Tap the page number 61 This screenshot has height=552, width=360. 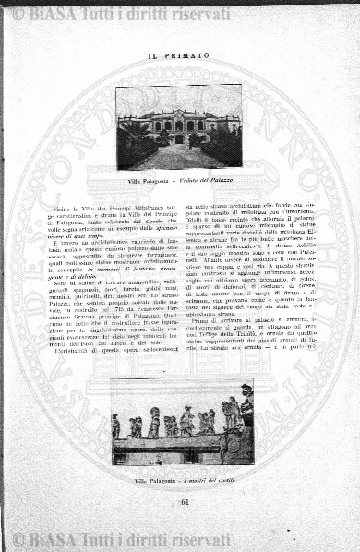(180, 501)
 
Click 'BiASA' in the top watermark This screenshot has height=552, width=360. (56, 14)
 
